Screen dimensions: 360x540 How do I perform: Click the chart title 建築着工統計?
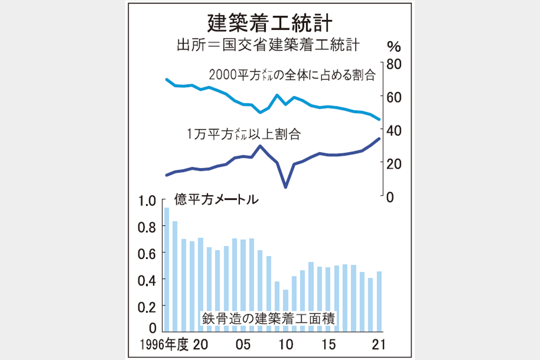(270, 23)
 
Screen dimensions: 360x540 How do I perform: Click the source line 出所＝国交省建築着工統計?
(268, 45)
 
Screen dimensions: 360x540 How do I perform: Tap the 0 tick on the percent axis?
(390, 197)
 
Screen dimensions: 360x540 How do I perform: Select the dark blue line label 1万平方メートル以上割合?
(243, 134)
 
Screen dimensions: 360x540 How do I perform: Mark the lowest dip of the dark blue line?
(285, 187)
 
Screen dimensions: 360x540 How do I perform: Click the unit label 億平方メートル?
(216, 199)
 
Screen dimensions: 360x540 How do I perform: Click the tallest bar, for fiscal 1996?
(166, 269)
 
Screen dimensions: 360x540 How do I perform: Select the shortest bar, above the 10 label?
(285, 310)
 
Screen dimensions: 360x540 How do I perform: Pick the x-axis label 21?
(378, 345)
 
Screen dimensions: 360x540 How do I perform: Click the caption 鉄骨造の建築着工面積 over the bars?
(270, 319)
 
